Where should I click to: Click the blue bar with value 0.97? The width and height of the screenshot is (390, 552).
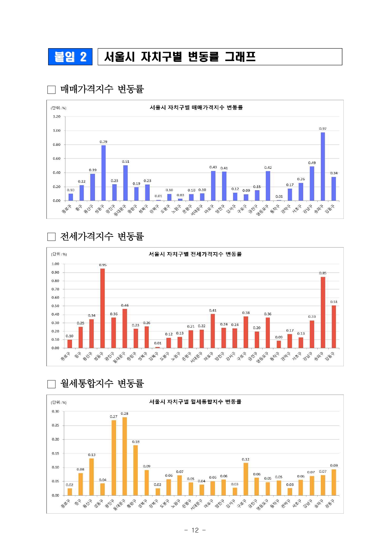click(x=323, y=166)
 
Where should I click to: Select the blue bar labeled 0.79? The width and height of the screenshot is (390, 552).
click(x=103, y=173)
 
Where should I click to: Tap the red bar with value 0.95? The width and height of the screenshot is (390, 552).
click(x=103, y=308)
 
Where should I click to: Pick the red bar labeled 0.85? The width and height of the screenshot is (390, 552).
click(x=323, y=312)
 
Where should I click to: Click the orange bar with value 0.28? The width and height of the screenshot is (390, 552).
click(x=125, y=456)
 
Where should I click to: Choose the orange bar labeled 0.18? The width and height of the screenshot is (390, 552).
click(x=136, y=470)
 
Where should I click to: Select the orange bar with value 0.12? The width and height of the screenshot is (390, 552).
click(x=246, y=479)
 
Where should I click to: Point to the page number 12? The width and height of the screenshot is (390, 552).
click(x=195, y=530)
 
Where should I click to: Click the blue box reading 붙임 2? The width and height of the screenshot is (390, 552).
click(x=70, y=57)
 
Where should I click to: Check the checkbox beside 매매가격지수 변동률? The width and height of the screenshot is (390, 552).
click(x=51, y=90)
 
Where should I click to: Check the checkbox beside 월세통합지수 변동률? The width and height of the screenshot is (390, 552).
click(x=51, y=384)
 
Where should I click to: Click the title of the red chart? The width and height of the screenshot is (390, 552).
click(x=195, y=254)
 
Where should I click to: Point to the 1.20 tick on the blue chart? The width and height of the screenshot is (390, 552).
click(x=57, y=117)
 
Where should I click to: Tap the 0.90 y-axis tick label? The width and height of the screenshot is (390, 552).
click(x=55, y=272)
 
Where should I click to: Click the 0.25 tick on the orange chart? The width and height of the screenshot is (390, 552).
click(x=55, y=425)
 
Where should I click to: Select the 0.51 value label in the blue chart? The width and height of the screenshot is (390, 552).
click(x=125, y=162)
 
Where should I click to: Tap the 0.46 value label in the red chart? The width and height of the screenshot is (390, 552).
click(x=125, y=305)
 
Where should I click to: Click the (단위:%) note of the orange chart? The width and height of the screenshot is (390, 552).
click(x=59, y=402)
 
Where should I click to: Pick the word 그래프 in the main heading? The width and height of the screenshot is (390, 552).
click(x=240, y=57)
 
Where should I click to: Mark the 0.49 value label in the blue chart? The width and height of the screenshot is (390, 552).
click(x=312, y=163)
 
